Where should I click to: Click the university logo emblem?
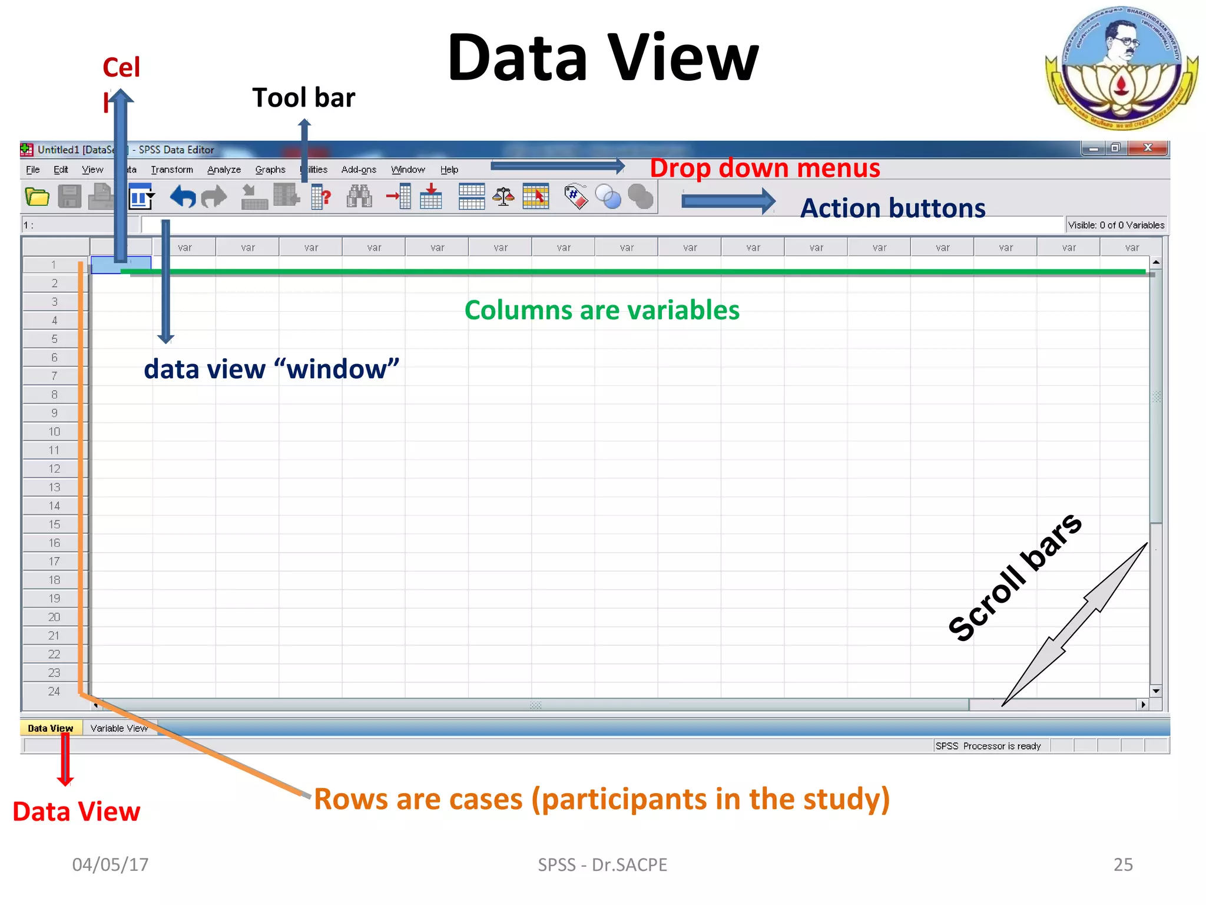(1121, 68)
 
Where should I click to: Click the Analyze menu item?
(224, 170)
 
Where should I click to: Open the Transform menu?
(171, 170)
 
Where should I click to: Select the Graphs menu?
(270, 170)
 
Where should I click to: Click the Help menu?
(449, 170)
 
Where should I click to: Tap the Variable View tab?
(119, 728)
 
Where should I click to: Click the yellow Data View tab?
(51, 728)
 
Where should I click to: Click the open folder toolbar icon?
(37, 197)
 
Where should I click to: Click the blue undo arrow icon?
(183, 197)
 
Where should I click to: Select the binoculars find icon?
(359, 197)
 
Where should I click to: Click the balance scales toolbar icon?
(503, 197)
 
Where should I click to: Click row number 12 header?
(54, 469)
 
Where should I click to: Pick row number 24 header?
(54, 691)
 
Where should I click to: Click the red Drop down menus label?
(764, 169)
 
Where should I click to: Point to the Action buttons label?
(892, 209)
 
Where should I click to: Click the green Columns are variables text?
(601, 311)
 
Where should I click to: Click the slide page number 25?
(1122, 864)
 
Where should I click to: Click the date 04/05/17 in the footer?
(110, 864)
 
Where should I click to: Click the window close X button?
(1147, 148)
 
